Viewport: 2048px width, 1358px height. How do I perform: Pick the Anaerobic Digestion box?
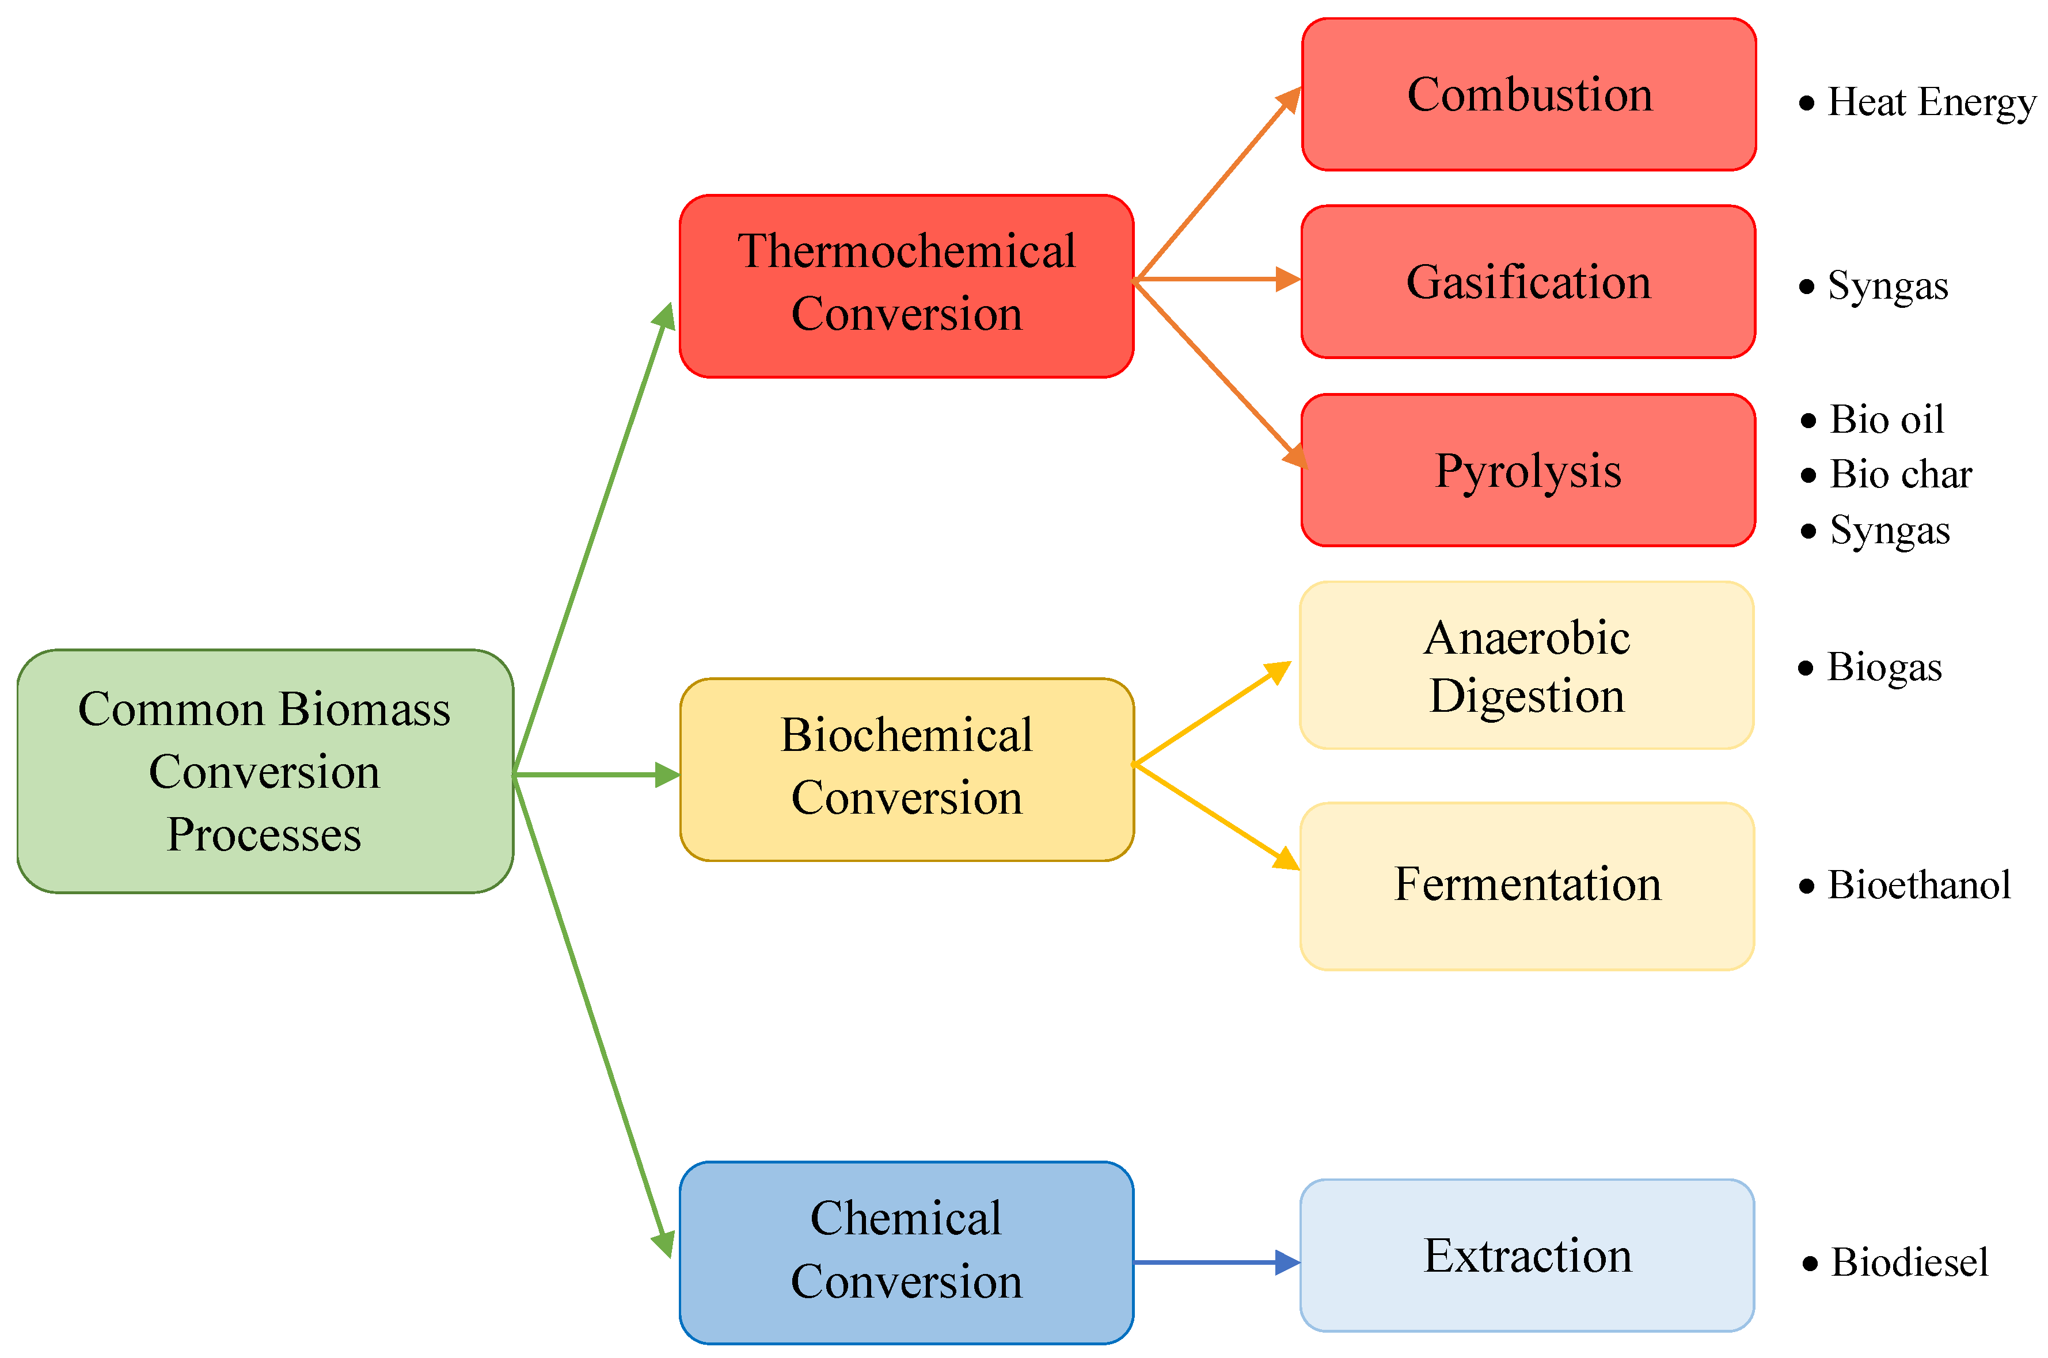1526,665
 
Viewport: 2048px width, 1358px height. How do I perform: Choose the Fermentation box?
1526,885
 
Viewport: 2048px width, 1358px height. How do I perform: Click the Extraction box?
1526,1256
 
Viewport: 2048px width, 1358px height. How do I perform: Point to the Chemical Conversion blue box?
906,1252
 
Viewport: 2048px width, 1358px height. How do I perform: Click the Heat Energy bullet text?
1930,102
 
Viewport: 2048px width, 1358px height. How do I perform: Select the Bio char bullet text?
1900,475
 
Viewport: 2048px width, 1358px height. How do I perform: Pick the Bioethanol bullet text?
1918,885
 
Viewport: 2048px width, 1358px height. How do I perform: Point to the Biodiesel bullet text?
1909,1262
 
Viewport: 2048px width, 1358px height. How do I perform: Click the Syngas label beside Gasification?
1887,286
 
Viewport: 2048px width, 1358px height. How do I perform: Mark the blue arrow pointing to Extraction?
1213,1262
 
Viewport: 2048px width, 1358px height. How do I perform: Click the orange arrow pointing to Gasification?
1213,280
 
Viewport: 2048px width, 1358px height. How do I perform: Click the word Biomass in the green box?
364,710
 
